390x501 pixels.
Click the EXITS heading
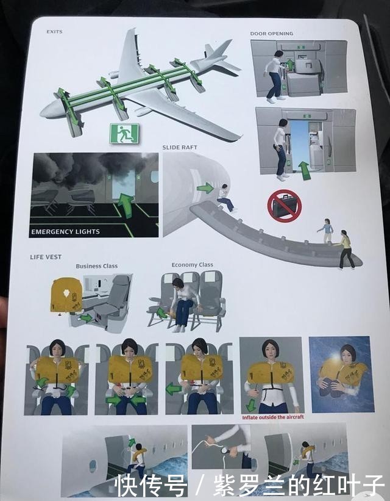tap(54, 32)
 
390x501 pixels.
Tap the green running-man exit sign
tap(124, 133)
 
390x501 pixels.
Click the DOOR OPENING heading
tap(271, 34)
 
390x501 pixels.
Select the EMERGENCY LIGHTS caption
tap(66, 231)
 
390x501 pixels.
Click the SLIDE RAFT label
tap(180, 148)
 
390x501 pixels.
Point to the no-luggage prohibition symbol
tap(284, 206)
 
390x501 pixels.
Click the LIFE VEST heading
tap(46, 257)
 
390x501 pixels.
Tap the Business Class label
tap(97, 266)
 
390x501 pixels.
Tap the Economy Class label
tap(193, 265)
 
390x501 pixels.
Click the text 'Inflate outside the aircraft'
tap(272, 417)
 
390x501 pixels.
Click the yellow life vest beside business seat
tap(67, 295)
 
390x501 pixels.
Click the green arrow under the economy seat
tap(162, 313)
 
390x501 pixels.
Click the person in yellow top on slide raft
tap(346, 249)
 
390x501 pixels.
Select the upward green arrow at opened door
tap(305, 169)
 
